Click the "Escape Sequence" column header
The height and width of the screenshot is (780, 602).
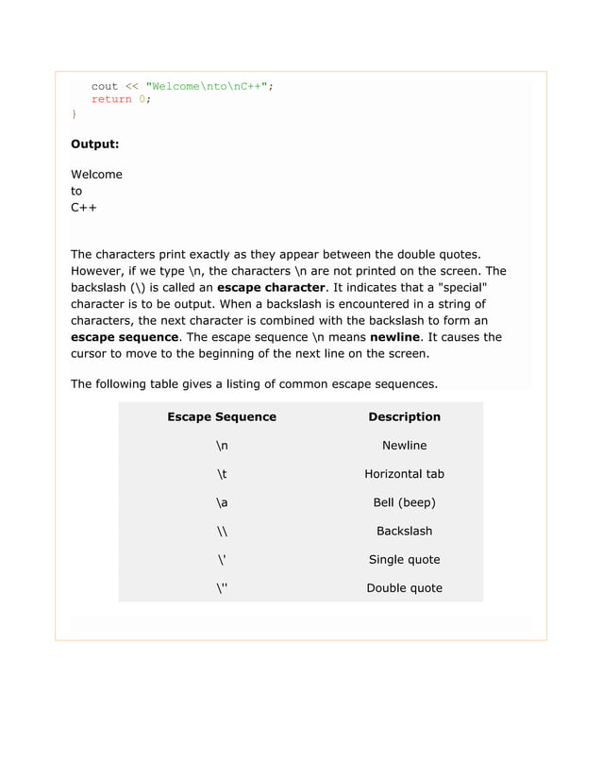(x=222, y=416)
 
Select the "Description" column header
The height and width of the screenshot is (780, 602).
(x=404, y=416)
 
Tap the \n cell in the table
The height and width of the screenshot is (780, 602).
(x=222, y=446)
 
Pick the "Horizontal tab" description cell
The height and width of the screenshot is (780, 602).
(x=404, y=474)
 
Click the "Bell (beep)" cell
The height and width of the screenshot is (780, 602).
(x=404, y=502)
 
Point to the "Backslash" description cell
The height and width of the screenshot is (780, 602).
(x=404, y=531)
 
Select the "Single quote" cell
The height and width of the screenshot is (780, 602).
(x=404, y=559)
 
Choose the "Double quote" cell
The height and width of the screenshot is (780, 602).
(x=404, y=587)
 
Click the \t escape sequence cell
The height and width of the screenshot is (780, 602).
(x=222, y=474)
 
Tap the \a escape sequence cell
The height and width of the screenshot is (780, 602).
(x=222, y=502)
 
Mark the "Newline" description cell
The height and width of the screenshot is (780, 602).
(x=404, y=446)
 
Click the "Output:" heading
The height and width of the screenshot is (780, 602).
(x=94, y=144)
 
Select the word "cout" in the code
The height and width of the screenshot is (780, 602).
(x=104, y=87)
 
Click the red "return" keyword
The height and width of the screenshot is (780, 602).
(x=111, y=100)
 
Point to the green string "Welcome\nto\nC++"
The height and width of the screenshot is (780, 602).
(x=207, y=87)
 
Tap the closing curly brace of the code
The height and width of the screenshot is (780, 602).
(x=75, y=113)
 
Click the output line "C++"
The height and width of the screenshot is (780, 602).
(x=84, y=207)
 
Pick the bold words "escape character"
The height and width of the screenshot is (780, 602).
(x=272, y=287)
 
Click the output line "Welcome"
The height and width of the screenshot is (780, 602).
(x=96, y=175)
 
